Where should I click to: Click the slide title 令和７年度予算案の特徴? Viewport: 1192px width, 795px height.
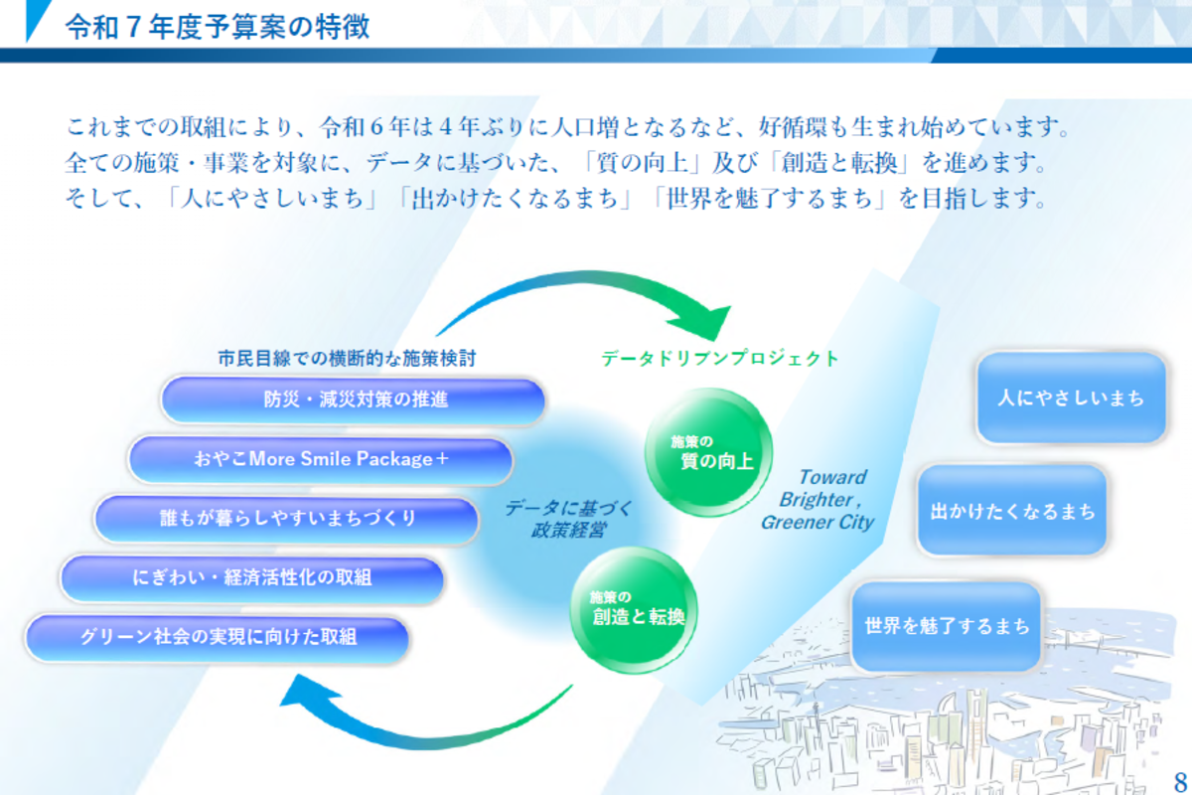tap(218, 26)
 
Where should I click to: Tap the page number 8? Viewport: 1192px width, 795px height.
tap(1180, 779)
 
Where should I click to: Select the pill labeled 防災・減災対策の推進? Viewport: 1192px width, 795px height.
tap(354, 400)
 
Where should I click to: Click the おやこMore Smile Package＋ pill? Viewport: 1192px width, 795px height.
tap(321, 460)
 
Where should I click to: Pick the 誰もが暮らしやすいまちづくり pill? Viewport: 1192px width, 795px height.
tap(287, 519)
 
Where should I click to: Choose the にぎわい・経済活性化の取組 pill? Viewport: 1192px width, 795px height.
tap(252, 577)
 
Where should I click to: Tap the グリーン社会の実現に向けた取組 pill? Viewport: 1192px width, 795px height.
tap(219, 637)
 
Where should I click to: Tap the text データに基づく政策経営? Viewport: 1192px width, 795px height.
tap(568, 519)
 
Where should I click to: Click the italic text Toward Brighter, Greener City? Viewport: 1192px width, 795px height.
tap(818, 500)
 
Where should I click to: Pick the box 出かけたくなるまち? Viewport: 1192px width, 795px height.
tap(1012, 511)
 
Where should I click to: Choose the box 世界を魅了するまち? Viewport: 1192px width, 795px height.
tap(947, 627)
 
